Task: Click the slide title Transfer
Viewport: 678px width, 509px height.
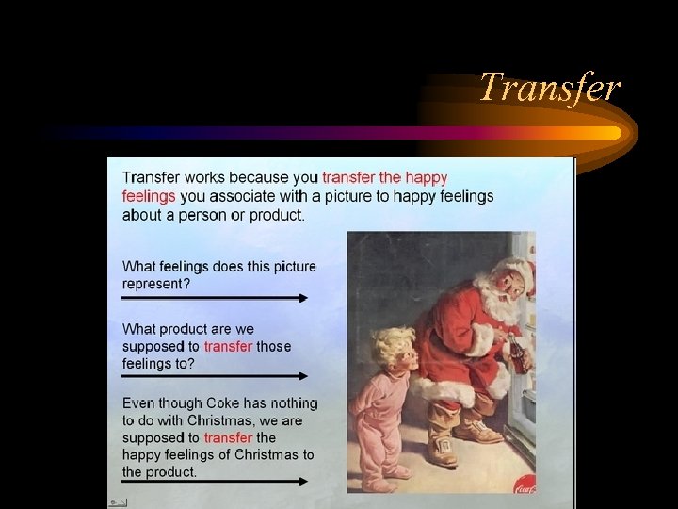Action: point(550,88)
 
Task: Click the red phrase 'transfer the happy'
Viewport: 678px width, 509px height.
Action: point(385,177)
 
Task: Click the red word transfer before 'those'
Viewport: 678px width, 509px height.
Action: point(228,347)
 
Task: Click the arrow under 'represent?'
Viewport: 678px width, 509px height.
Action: point(215,298)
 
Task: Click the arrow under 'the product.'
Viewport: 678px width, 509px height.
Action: point(215,482)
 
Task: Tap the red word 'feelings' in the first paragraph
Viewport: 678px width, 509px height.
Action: point(149,196)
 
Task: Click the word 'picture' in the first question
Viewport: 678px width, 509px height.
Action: point(290,267)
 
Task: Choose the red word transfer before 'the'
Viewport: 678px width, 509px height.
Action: point(228,437)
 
